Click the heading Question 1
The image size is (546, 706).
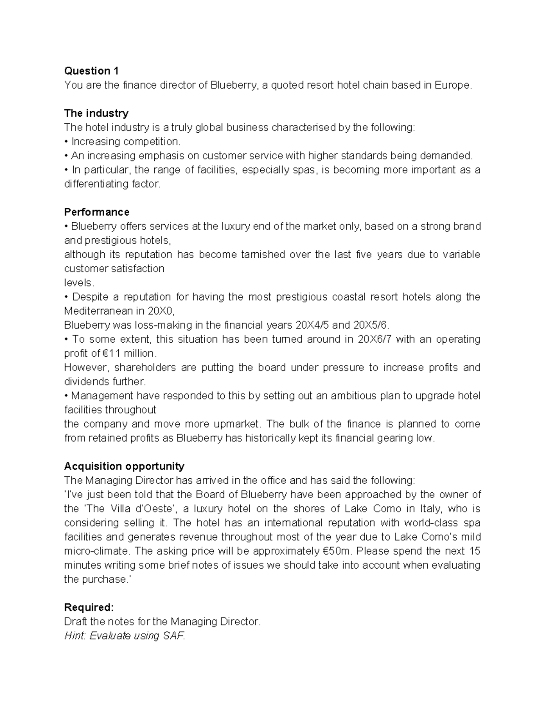[x=91, y=71]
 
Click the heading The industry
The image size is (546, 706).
[x=96, y=113]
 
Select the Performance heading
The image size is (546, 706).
[x=96, y=212]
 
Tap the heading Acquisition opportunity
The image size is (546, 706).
[x=124, y=466]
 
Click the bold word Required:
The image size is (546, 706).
[x=89, y=608]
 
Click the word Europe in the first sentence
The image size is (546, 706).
[x=453, y=85]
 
